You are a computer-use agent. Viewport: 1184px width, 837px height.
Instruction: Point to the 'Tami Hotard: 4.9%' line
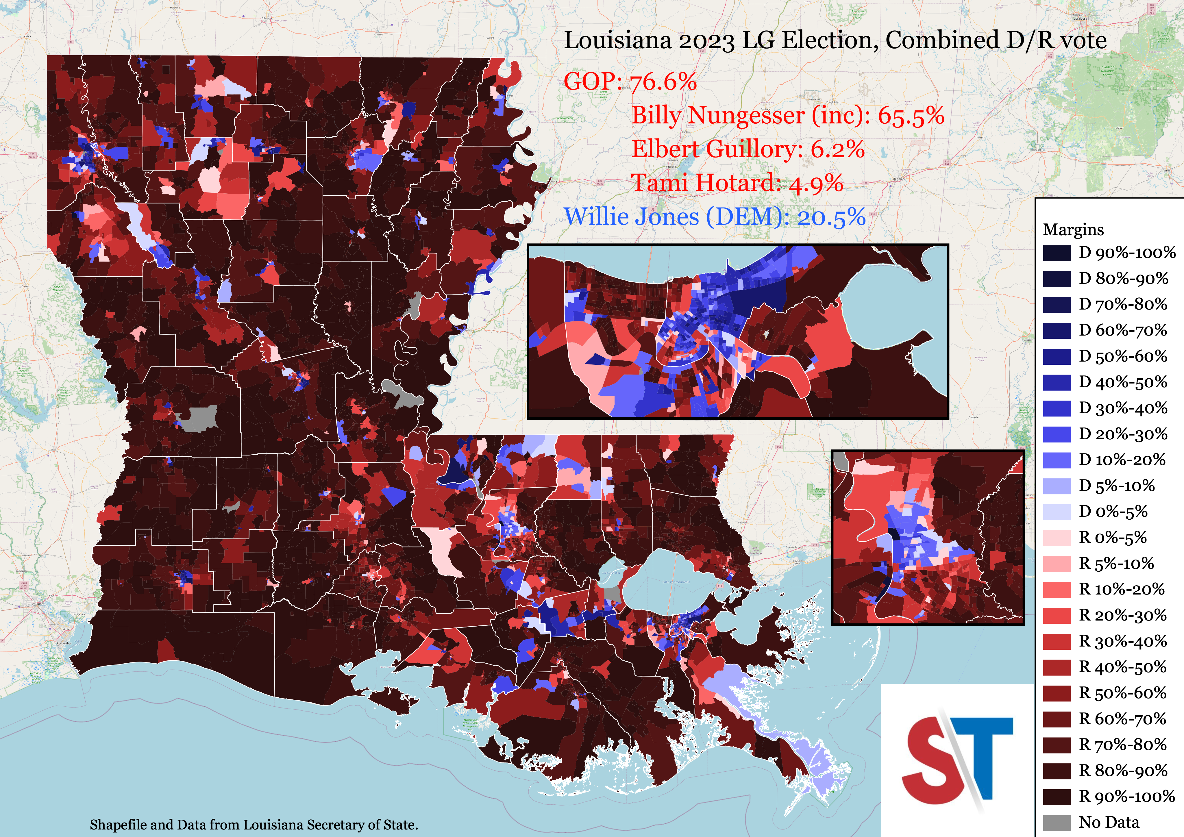click(x=737, y=183)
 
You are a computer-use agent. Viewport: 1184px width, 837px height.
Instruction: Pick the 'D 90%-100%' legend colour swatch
click(x=1057, y=253)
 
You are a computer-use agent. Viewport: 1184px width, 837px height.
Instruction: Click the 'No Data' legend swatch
click(x=1057, y=822)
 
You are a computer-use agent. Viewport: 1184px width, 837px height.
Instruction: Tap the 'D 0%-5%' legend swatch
click(x=1057, y=512)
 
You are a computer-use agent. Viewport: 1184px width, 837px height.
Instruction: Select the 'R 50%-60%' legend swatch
click(x=1057, y=692)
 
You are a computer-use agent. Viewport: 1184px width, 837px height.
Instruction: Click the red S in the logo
click(x=928, y=758)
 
